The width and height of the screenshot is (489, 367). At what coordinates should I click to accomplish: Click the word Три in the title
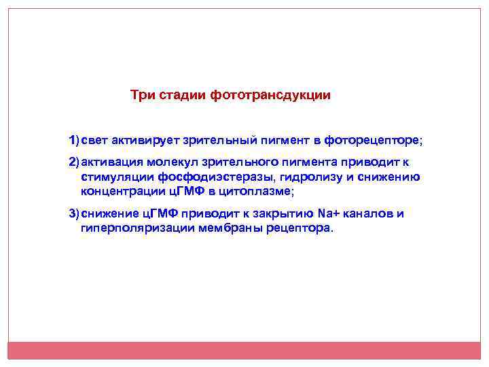tap(143, 95)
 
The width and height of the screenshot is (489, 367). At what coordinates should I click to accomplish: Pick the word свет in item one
tap(95, 140)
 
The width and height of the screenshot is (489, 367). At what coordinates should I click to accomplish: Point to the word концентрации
tap(122, 192)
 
